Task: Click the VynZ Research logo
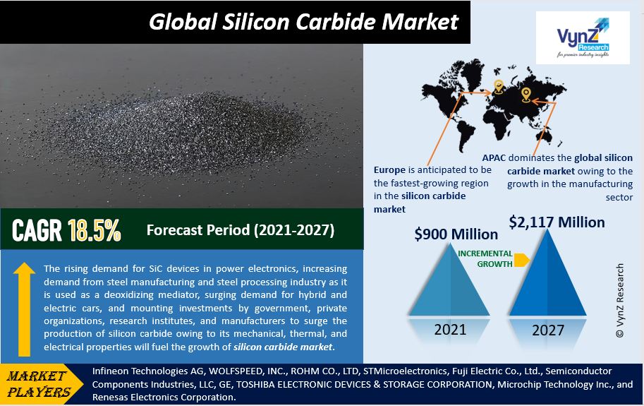[x=583, y=37]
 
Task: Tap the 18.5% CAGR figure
[x=94, y=229]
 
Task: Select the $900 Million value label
[x=456, y=234]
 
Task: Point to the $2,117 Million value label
[x=557, y=222]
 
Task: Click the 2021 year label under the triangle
[x=450, y=330]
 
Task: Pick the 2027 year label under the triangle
[x=548, y=330]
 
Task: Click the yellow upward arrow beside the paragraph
[x=24, y=309]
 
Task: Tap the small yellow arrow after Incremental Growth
[x=521, y=260]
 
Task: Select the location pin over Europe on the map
[x=498, y=87]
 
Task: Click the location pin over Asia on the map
[x=526, y=95]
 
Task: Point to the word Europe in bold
[x=389, y=170]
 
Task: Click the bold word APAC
[x=494, y=157]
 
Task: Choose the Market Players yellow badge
[x=41, y=384]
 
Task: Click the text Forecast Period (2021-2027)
[x=241, y=230]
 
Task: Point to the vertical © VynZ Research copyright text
[x=620, y=300]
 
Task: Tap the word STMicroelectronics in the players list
[x=406, y=371]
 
